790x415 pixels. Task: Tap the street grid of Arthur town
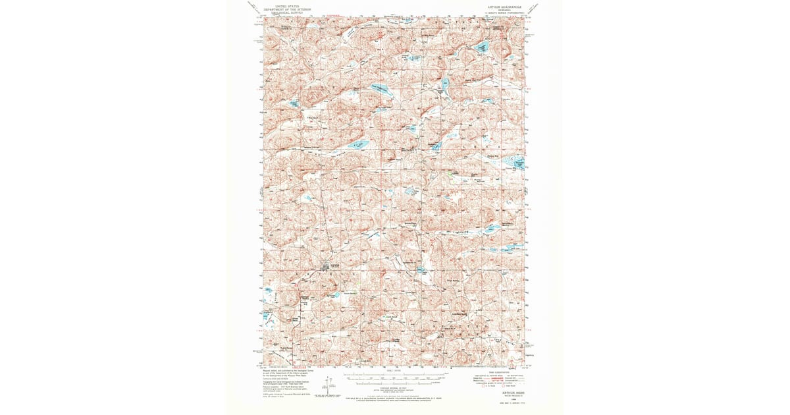point(328,266)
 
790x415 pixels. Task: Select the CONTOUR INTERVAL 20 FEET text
point(394,389)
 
